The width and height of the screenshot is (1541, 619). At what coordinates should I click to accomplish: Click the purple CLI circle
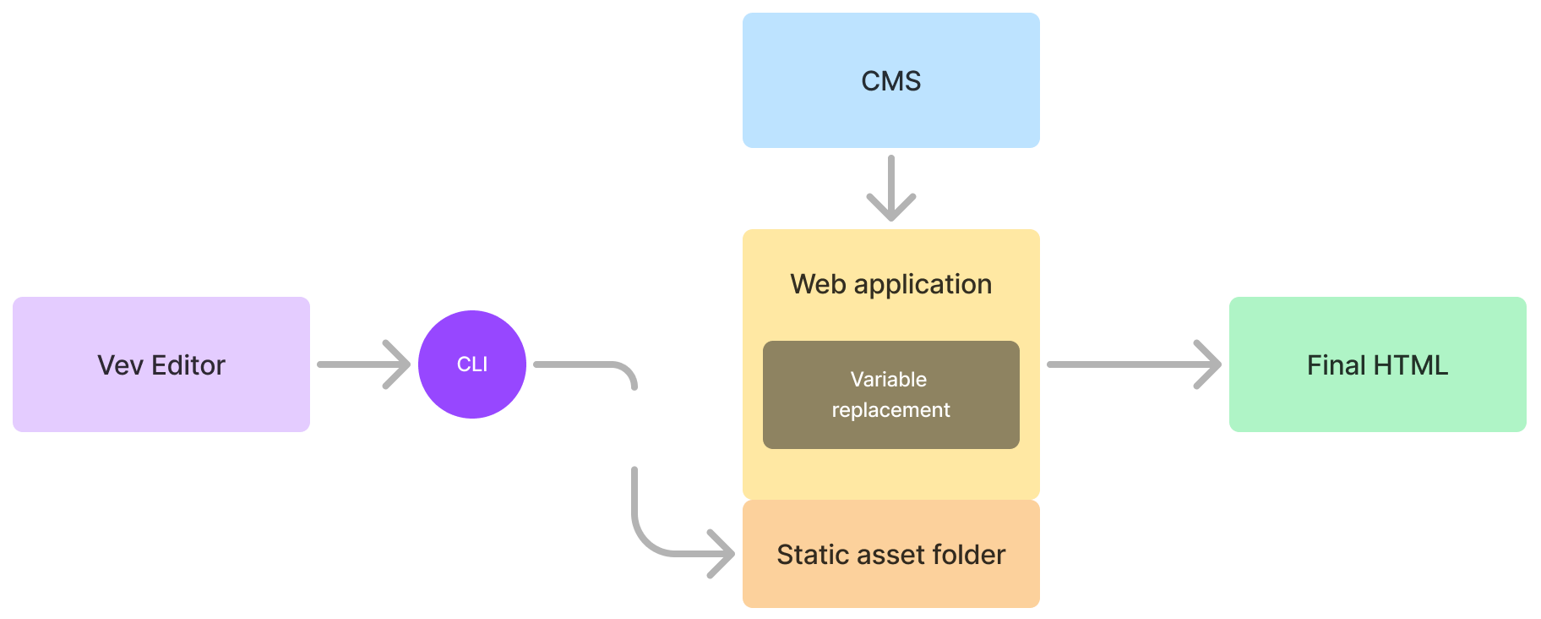pyautogui.click(x=472, y=364)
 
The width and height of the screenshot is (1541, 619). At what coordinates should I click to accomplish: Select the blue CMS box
pyautogui.click(x=890, y=80)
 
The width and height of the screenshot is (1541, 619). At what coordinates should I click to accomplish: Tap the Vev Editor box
pyautogui.click(x=161, y=364)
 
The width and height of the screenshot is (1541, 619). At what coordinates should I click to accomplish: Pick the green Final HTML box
pyautogui.click(x=1377, y=364)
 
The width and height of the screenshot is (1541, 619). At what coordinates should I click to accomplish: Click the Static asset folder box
pyautogui.click(x=890, y=554)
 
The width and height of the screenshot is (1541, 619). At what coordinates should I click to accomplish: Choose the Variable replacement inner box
pyautogui.click(x=890, y=395)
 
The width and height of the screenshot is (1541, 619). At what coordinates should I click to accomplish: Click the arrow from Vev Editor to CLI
pyautogui.click(x=363, y=364)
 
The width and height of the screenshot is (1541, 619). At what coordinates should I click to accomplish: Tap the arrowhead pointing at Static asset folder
pyautogui.click(x=722, y=554)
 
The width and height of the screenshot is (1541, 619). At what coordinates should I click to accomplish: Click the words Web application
pyautogui.click(x=890, y=284)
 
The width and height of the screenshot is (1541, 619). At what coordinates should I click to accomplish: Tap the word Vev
pyautogui.click(x=120, y=365)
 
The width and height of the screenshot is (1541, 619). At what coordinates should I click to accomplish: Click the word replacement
pyautogui.click(x=890, y=410)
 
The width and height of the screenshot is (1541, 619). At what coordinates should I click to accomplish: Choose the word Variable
pyautogui.click(x=888, y=380)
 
